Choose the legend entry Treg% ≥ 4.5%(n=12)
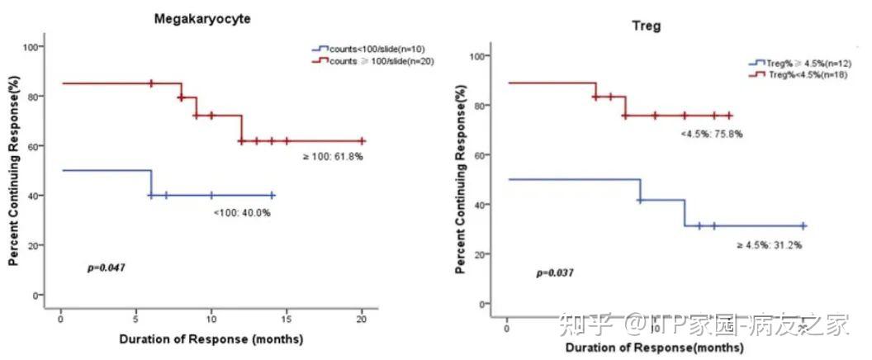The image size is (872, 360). point(794,63)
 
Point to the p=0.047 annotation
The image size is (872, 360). point(107,268)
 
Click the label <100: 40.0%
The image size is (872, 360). point(242,213)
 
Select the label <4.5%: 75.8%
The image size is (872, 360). point(711,133)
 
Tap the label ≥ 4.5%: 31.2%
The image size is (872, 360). point(769,244)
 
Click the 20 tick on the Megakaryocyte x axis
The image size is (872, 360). point(362,320)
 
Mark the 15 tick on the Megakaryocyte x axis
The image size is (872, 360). point(287,320)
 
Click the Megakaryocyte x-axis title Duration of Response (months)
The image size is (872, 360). point(211,339)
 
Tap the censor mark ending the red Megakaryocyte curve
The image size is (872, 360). point(362,141)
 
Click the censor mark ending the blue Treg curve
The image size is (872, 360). point(803,225)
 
